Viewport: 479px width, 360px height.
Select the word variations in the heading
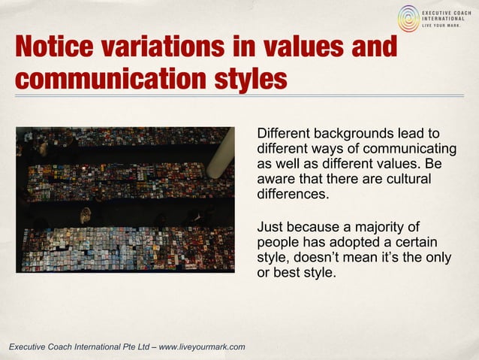pyautogui.click(x=158, y=47)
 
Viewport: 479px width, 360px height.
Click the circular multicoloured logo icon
pyautogui.click(x=409, y=18)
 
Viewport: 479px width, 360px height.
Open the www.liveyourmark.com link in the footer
pyautogui.click(x=202, y=346)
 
